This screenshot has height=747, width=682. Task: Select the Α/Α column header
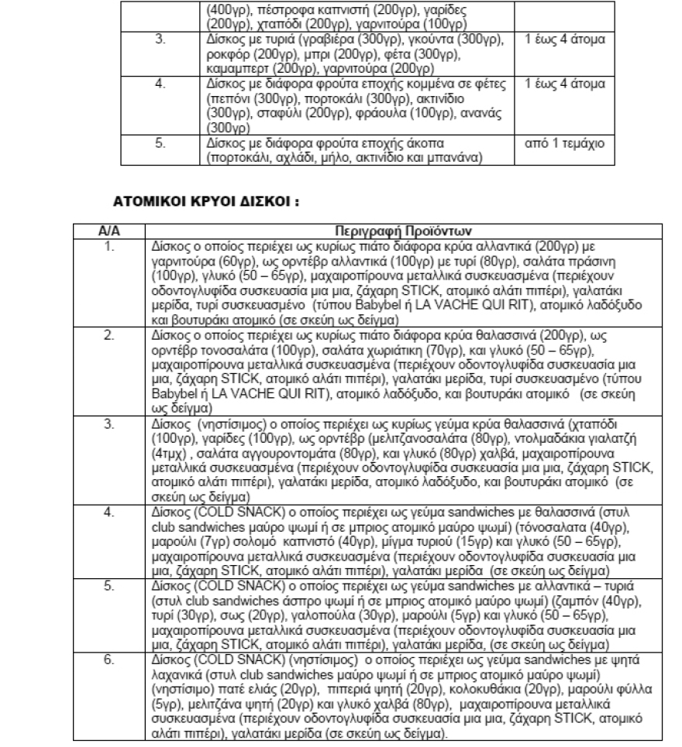tap(107, 230)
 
